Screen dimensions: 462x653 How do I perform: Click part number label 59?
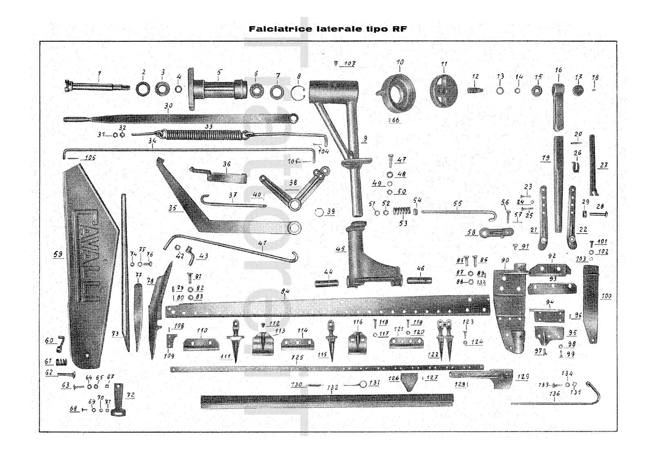pyautogui.click(x=58, y=254)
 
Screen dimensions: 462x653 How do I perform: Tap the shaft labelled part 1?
pyautogui.click(x=96, y=87)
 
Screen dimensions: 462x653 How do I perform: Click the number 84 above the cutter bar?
pyautogui.click(x=285, y=291)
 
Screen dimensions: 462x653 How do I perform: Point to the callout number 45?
pyautogui.click(x=340, y=249)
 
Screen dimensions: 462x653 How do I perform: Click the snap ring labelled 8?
pyautogui.click(x=298, y=94)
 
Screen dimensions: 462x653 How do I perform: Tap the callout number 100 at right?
pyautogui.click(x=606, y=296)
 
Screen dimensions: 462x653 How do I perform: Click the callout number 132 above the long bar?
pyautogui.click(x=333, y=387)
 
